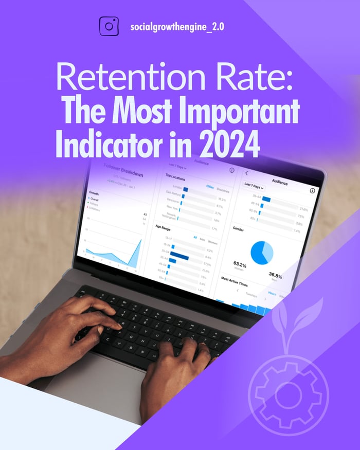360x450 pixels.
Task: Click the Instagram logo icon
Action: coord(108,26)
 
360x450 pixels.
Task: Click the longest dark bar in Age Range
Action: coord(180,257)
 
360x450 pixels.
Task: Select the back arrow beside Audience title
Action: coord(246,174)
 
